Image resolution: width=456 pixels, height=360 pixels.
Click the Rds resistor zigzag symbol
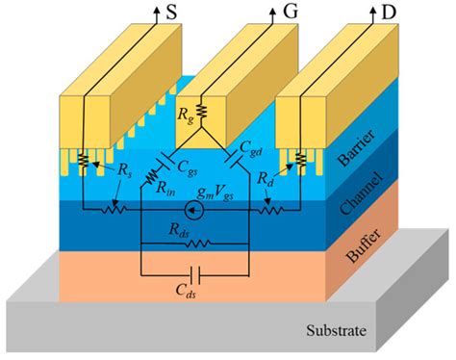click(x=206, y=244)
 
